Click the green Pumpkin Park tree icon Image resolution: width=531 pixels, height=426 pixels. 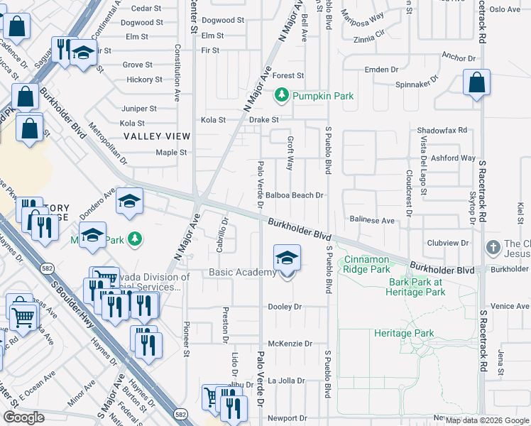283,94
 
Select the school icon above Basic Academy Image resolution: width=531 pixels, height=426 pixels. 286,258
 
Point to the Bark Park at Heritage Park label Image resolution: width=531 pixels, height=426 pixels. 416,286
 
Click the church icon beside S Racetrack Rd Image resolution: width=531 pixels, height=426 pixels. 493,248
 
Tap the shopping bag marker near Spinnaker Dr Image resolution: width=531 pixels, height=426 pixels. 476,83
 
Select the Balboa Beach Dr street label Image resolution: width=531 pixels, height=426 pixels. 295,195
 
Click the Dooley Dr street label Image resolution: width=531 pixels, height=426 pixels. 285,307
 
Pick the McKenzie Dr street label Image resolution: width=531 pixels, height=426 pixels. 290,344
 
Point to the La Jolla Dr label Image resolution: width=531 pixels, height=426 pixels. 286,381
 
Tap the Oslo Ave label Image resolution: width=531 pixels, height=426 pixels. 505,9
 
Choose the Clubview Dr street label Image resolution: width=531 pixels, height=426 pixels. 448,243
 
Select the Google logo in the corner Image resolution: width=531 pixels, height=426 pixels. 23,417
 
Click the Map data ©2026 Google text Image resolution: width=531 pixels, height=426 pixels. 487,420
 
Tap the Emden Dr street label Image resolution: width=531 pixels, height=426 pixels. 381,70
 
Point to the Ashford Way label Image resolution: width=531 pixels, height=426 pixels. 452,158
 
